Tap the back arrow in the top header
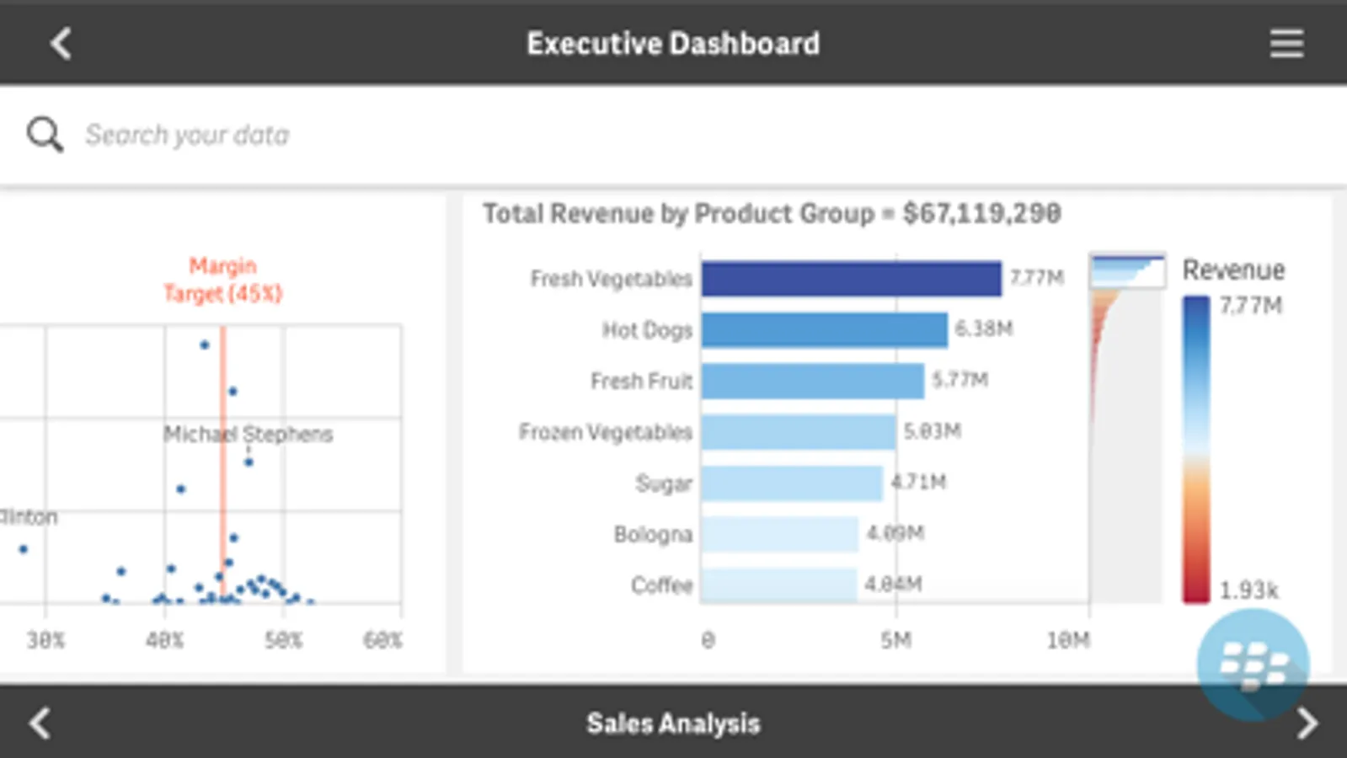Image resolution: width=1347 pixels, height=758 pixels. pos(61,44)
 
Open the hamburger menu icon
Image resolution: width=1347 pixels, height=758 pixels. pos(1286,44)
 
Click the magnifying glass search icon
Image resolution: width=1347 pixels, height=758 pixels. pos(45,135)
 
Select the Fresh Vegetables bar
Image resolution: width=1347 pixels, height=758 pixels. pos(851,279)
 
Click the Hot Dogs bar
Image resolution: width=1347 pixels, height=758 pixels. pos(824,330)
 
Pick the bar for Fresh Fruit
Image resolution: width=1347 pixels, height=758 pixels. pos(812,382)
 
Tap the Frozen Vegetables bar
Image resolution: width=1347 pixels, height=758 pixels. pos(798,432)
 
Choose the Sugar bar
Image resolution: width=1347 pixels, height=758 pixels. pos(792,483)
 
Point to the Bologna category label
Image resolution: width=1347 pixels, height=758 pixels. pos(653,534)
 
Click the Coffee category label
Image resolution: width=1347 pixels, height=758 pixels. pos(661,585)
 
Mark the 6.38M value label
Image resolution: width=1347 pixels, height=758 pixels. pos(983,328)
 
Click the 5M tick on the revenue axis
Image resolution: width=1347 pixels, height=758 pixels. pos(895,641)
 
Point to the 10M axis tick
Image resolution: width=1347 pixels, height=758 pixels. pos(1068,641)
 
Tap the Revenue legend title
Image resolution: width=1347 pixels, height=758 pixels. pos(1233,270)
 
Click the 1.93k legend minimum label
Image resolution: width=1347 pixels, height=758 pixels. pos(1248,590)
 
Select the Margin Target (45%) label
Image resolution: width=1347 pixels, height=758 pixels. pos(222,280)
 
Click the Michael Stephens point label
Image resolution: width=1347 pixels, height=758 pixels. pos(248,435)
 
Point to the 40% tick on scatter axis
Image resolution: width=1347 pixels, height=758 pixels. pos(164,641)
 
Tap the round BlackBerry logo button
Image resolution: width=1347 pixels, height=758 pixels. pos(1253,665)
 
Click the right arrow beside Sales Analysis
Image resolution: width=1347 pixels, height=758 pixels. pos(1307,723)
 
